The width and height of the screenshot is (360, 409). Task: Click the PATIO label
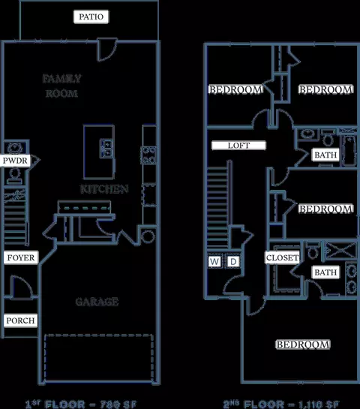(x=91, y=17)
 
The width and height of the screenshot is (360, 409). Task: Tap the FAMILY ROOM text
(x=61, y=86)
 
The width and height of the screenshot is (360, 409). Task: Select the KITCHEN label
(x=104, y=189)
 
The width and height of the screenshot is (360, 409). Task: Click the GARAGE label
(x=97, y=302)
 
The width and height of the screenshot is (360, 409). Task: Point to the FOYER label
(x=21, y=257)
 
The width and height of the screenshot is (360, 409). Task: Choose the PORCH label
(x=20, y=320)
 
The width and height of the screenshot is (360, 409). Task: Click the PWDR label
(x=15, y=161)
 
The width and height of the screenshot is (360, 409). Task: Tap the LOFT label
(x=238, y=146)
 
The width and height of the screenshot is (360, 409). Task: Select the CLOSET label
(x=282, y=257)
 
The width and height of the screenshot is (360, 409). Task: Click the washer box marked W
(x=214, y=261)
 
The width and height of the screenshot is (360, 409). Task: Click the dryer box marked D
(x=233, y=261)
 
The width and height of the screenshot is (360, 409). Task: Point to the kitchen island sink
(x=106, y=149)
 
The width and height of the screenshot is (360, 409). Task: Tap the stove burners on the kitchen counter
(x=148, y=155)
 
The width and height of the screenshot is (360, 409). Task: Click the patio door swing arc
(x=107, y=50)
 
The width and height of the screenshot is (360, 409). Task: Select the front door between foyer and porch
(x=22, y=287)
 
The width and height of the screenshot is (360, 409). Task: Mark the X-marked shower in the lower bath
(x=340, y=251)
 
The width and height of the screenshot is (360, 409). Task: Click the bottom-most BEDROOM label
(x=303, y=344)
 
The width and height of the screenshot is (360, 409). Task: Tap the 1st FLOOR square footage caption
(x=81, y=404)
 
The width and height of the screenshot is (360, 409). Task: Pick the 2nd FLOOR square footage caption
(x=281, y=404)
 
